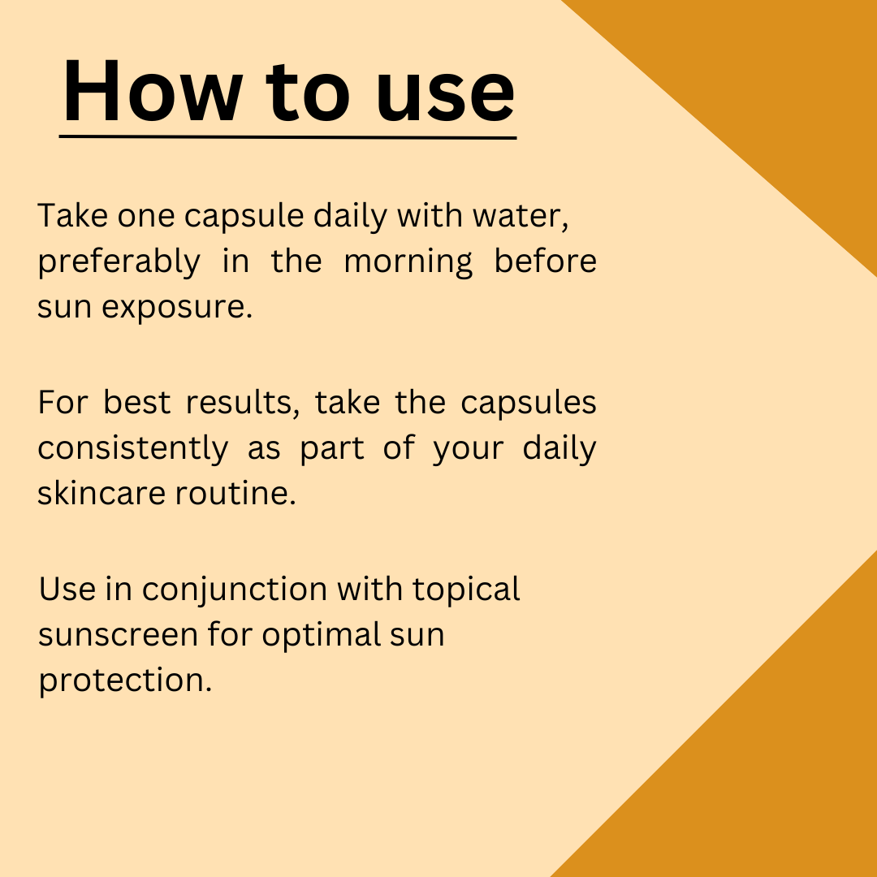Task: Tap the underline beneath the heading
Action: click(288, 136)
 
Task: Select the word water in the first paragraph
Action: click(521, 216)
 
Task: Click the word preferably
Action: click(119, 261)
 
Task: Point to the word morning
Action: click(408, 261)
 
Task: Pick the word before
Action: click(546, 261)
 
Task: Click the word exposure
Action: click(177, 308)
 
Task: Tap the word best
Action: click(136, 402)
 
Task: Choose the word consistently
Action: click(133, 448)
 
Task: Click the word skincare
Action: click(102, 494)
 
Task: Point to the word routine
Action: click(235, 494)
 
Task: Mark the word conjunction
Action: click(235, 590)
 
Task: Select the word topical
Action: click(466, 590)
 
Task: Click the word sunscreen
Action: click(118, 635)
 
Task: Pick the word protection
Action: click(125, 681)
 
